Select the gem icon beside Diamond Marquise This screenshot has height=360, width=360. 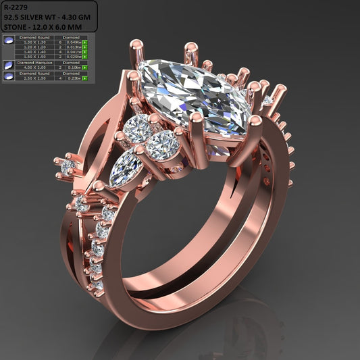click(9, 65)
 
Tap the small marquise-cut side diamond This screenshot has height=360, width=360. click(127, 169)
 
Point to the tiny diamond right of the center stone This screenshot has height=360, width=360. click(269, 100)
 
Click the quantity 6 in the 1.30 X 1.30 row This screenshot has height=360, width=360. click(59, 43)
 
